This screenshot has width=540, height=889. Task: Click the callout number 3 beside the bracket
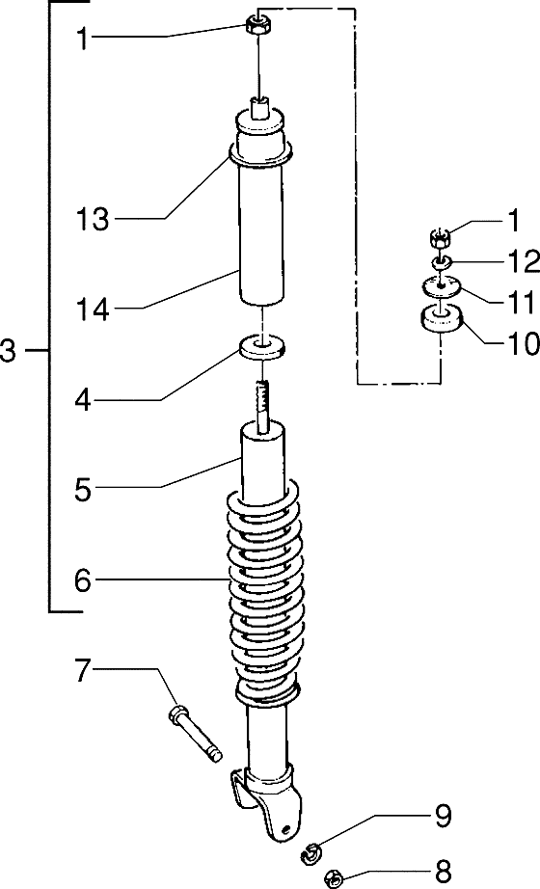[9, 352]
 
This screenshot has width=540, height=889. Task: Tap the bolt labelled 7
[194, 733]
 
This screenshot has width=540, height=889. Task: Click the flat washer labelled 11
[440, 285]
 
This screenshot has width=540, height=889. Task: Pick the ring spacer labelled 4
[261, 346]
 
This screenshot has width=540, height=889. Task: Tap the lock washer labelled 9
[310, 849]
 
